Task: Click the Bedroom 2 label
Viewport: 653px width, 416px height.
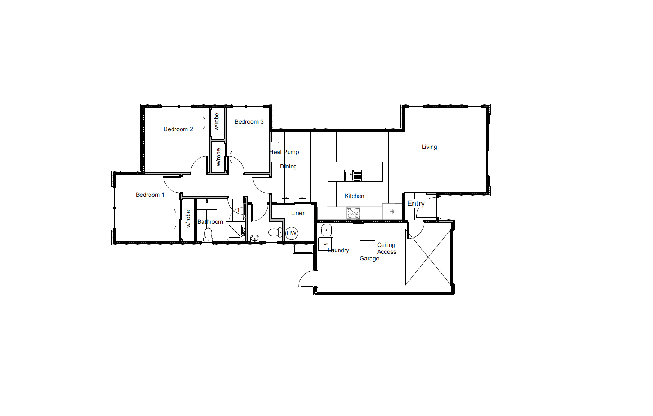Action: point(178,129)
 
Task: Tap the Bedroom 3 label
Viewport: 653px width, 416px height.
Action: point(249,122)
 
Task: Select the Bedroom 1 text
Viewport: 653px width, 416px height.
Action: point(150,195)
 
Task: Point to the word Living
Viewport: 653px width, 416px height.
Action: point(429,147)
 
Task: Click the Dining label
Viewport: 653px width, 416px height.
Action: point(288,166)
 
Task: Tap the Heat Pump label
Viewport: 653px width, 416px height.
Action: point(284,152)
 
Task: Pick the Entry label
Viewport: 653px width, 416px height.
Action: point(416,203)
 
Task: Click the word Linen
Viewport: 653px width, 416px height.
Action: point(298,213)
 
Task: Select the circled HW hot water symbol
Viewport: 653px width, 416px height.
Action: point(292,233)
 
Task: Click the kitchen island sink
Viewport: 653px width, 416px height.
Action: point(353,175)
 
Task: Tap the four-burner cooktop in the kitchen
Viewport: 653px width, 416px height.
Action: point(353,213)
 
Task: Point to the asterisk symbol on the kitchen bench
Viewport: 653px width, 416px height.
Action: point(392,212)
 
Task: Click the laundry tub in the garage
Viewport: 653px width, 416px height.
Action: point(326,230)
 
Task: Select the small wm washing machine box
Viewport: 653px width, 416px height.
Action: point(325,244)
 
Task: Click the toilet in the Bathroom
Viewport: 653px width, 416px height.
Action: point(208,235)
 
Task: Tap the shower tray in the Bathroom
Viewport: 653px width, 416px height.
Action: point(236,231)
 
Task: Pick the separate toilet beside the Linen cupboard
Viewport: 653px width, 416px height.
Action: point(275,232)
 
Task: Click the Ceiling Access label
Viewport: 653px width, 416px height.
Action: point(387,248)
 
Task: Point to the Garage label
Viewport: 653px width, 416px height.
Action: point(369,259)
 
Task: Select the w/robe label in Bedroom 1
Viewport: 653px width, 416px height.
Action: point(188,219)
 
